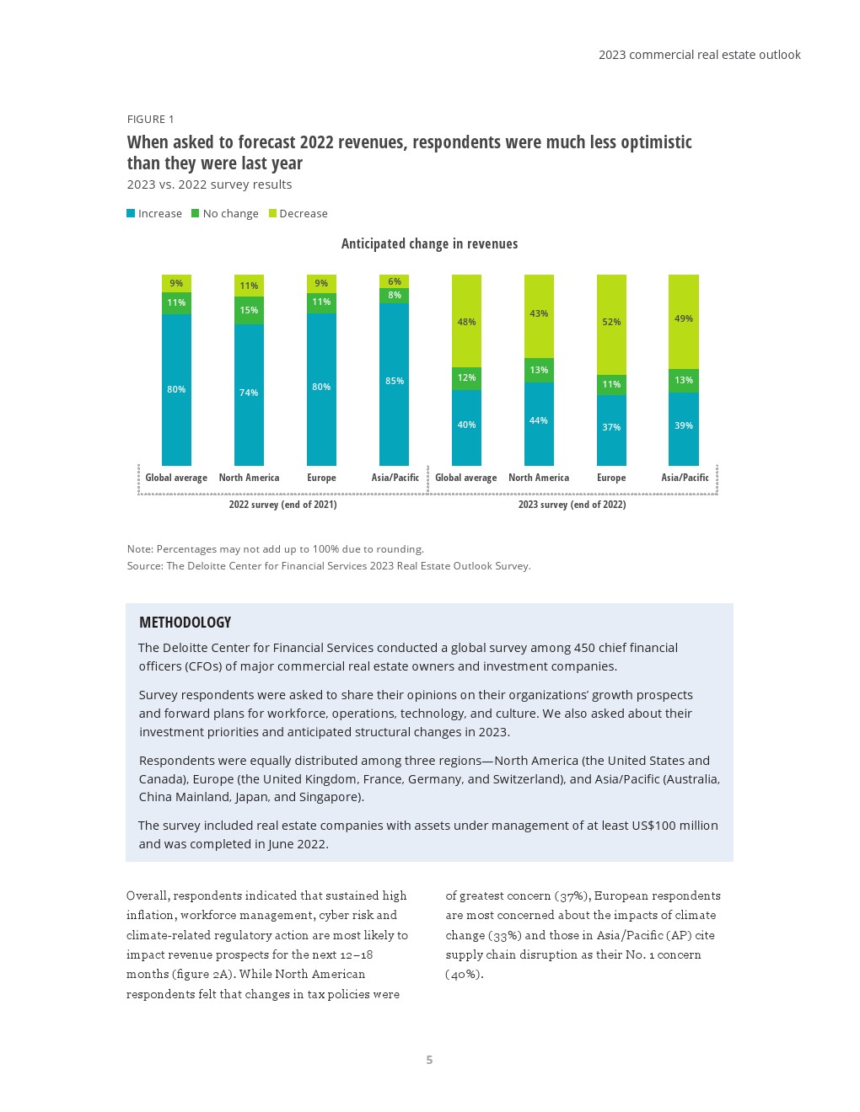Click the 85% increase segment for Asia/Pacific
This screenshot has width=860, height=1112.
[x=394, y=384]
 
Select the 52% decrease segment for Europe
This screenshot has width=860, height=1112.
[x=611, y=324]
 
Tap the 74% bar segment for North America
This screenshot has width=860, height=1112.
[x=249, y=394]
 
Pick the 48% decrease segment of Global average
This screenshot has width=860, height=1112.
[x=466, y=321]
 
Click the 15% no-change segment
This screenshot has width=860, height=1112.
[x=249, y=310]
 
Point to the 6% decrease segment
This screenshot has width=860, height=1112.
[x=394, y=281]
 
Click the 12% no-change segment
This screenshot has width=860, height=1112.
[x=466, y=378]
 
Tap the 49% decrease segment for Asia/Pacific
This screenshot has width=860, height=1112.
[x=684, y=321]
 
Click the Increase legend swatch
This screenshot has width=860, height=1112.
[x=131, y=213]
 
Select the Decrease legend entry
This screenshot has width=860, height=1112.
[x=298, y=214]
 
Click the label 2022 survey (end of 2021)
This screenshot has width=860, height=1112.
[x=282, y=505]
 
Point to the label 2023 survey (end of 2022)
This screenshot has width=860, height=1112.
[x=572, y=505]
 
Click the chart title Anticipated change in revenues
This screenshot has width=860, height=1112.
[x=429, y=244]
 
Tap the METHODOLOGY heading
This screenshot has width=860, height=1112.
[x=185, y=623]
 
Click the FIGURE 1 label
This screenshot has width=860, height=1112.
[x=151, y=120]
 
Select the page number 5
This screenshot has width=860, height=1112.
[x=429, y=1060]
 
